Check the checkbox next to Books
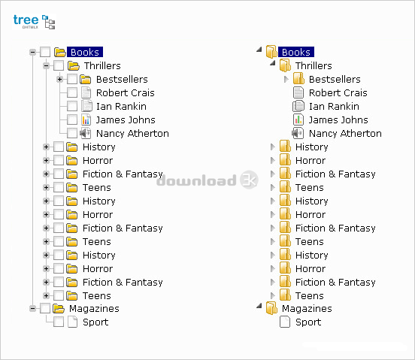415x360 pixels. [45, 52]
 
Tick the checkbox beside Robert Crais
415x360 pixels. [72, 92]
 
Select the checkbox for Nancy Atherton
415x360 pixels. [72, 133]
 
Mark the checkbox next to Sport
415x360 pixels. [59, 322]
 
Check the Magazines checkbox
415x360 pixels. [45, 308]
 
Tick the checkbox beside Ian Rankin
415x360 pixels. [72, 106]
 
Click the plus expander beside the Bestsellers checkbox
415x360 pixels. [60, 79]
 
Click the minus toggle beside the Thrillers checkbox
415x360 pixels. [47, 65]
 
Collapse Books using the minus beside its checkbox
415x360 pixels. [33, 52]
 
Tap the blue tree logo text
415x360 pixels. [26, 20]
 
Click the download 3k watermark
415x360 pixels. [207, 180]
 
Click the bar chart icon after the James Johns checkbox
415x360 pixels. [86, 119]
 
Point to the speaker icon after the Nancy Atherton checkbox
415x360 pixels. [86, 133]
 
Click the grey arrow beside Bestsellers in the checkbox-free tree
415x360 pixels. [286, 79]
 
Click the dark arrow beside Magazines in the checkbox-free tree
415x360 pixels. [259, 306]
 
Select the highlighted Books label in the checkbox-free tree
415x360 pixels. [296, 52]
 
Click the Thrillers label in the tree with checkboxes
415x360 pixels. [102, 65]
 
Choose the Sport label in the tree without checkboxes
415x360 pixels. [308, 322]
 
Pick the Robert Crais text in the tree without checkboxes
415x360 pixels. [338, 92]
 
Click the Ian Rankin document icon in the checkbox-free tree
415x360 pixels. [298, 106]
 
